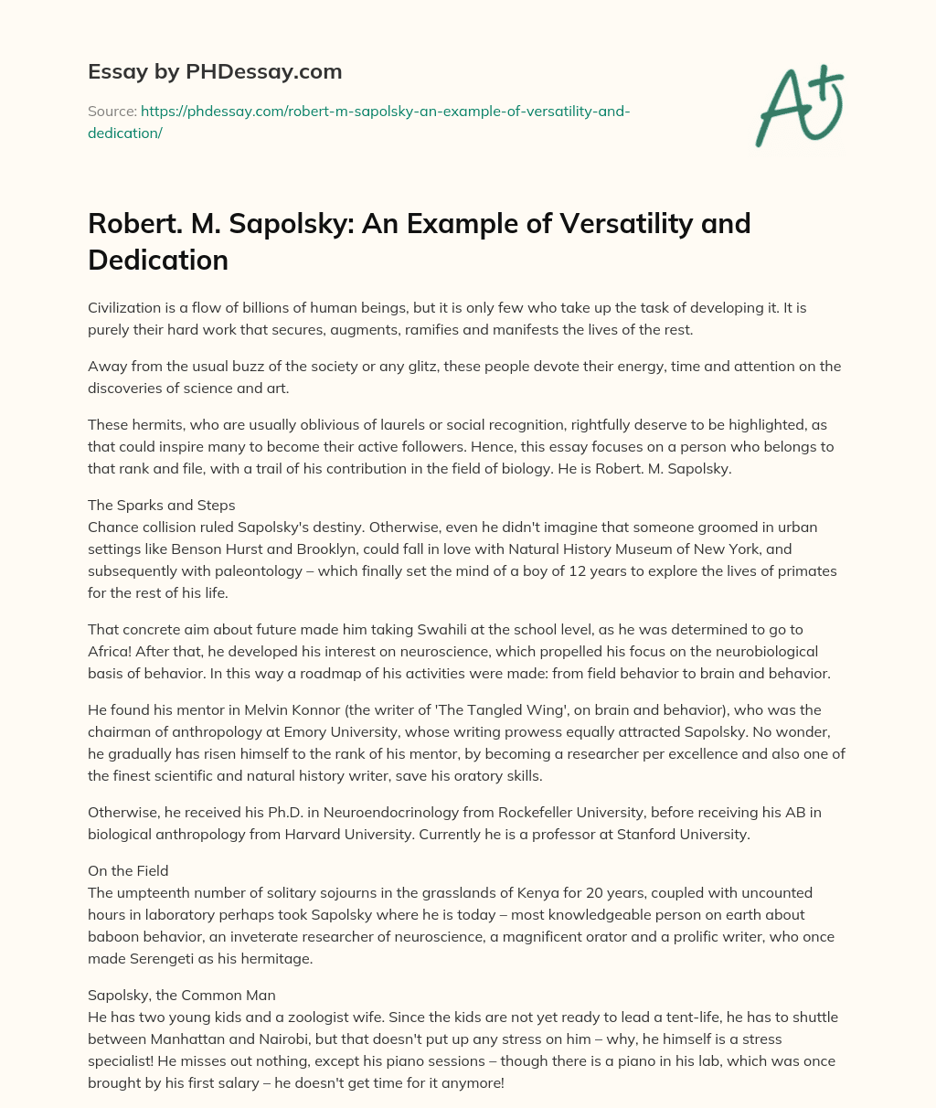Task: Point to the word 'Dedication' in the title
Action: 158,261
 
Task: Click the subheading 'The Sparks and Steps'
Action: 161,505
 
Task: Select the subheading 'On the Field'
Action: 128,870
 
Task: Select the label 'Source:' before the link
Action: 112,112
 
